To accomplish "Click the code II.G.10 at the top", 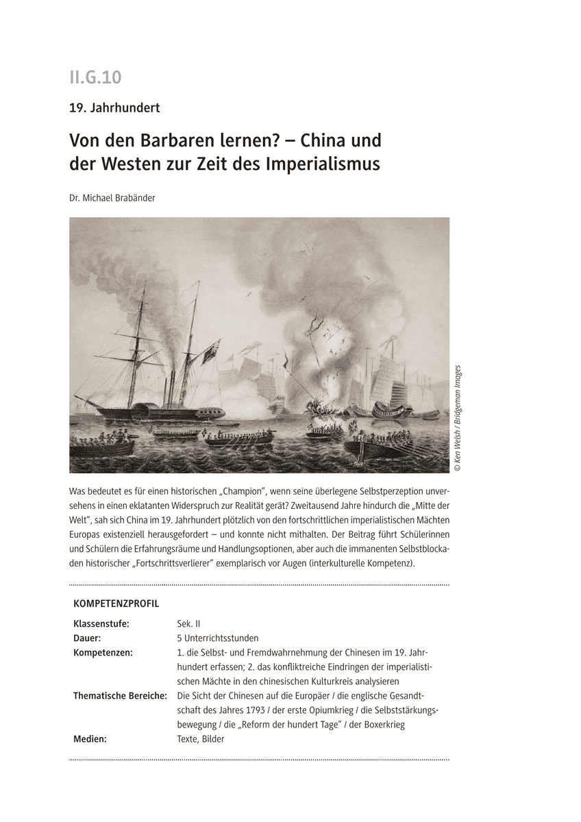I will (95, 77).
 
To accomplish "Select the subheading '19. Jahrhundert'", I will (114, 108).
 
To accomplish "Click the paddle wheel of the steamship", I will (145, 412).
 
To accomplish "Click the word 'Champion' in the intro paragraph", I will (245, 491).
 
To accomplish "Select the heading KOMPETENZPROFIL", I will (116, 603).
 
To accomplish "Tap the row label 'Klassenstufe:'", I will (101, 623).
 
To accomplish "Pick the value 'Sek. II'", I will (188, 623).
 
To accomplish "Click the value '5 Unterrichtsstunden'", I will (217, 638).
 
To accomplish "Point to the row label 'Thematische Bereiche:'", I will (120, 695).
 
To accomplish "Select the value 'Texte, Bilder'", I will (200, 739).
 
